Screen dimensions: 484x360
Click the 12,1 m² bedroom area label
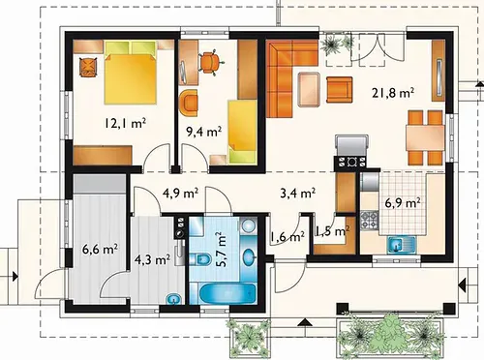125,123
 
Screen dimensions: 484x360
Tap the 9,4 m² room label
204,132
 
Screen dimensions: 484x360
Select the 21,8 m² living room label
393,93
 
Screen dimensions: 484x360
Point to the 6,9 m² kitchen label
403,203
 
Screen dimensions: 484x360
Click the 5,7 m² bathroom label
223,249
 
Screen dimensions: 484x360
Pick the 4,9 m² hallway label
180,194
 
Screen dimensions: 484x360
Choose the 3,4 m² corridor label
297,194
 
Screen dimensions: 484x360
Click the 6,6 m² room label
100,249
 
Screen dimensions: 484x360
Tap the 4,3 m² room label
153,259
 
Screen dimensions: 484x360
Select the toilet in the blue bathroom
201,258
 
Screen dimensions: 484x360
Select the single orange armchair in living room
339,90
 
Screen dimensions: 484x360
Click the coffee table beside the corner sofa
310,89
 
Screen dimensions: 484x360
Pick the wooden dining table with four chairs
426,136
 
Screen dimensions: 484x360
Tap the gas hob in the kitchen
369,220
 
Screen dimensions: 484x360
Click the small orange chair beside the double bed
88,67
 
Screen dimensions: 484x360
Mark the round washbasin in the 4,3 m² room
174,300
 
